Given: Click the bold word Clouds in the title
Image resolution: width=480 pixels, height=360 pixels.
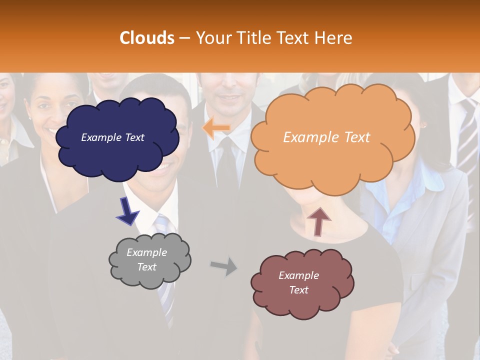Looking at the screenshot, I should point(147,38).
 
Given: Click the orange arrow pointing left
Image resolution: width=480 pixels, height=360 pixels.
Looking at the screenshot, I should point(216,128).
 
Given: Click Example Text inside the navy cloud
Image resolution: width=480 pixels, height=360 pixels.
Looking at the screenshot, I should point(112,137).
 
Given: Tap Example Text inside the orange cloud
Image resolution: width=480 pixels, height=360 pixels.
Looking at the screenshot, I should point(326,137).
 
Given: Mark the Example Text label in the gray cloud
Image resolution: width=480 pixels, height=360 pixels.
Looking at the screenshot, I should point(146,259).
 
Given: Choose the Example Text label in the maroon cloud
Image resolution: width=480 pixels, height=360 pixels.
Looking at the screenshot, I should point(298,282).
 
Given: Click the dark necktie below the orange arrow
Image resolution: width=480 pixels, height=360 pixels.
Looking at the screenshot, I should point(228,165).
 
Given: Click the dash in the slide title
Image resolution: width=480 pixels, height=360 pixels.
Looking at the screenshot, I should point(184,38).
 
